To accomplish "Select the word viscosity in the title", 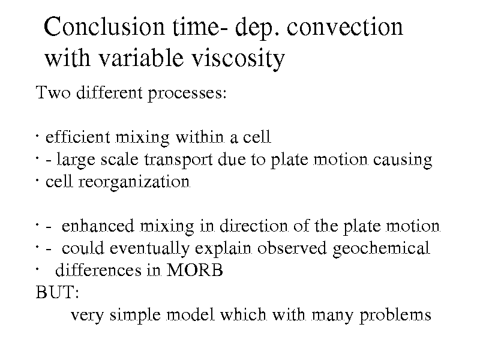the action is [238, 58].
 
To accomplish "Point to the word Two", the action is [53, 92].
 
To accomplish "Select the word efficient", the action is [77, 137].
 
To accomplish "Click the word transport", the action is [178, 160].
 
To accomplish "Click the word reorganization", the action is [134, 182].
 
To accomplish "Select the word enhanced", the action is [98, 226].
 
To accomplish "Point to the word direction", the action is [254, 226].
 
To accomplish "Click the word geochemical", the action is [381, 248].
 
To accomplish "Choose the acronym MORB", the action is [194, 271].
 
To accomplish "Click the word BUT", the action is [57, 292].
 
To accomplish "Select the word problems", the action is [395, 315].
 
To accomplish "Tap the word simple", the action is [135, 315].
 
